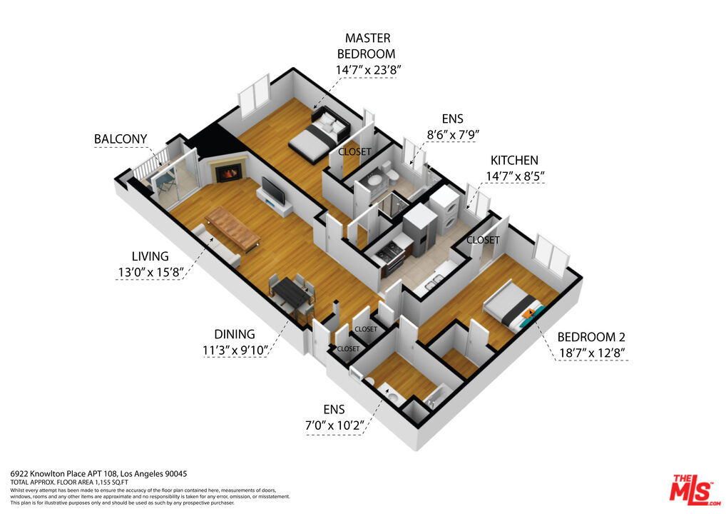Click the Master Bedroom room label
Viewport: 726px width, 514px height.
(367, 46)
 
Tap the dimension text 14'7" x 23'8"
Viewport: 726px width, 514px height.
(367, 70)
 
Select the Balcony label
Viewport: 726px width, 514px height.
(121, 138)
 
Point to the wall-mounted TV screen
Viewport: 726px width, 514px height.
(272, 190)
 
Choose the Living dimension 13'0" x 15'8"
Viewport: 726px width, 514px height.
(151, 272)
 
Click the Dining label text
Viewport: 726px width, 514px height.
(235, 334)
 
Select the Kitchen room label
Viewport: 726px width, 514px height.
(514, 161)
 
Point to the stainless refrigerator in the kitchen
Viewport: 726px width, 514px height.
(420, 228)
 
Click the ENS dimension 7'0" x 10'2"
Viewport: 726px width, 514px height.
(334, 425)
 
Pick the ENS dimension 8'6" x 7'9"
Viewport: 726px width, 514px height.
(452, 134)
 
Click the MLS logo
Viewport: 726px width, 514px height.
(695, 490)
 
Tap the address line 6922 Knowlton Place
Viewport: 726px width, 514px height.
(98, 474)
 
